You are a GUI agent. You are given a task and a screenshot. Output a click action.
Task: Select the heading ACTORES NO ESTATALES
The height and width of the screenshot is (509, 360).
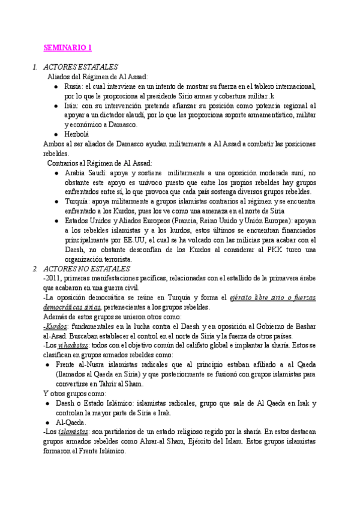[86, 268]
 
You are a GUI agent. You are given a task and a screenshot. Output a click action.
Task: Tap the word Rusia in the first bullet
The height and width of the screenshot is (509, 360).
[74, 86]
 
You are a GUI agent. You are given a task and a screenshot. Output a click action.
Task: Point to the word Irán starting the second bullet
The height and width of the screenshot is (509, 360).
[73, 105]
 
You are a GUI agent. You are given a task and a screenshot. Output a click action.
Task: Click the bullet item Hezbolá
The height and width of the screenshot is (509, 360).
[77, 134]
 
